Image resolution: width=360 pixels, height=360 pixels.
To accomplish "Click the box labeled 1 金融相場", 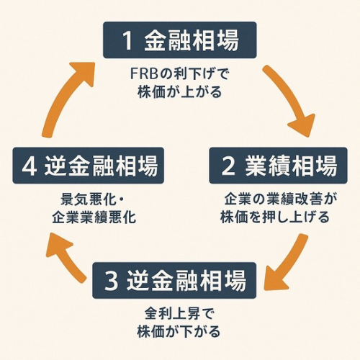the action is point(180,40).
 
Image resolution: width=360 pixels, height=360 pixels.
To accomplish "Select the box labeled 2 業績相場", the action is point(279,166).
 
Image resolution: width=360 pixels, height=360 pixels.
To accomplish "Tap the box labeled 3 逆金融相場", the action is point(174,280).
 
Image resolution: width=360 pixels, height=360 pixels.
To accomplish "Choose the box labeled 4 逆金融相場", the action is point(89,166).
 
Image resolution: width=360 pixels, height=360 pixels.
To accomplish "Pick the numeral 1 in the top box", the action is point(127,40).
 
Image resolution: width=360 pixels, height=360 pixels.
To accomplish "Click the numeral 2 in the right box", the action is point(228,166).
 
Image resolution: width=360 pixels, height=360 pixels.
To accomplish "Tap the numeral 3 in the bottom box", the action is point(112,281).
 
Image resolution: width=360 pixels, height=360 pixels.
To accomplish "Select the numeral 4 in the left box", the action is point(30,166).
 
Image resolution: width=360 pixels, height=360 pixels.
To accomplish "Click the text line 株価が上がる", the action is point(179,91).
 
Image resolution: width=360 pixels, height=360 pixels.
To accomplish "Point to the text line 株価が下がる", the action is point(179,331).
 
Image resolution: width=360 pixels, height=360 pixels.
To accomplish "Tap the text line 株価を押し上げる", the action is point(275,217).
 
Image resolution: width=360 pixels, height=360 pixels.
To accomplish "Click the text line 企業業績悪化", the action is point(94,217).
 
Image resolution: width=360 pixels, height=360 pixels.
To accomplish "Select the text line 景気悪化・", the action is point(92,199).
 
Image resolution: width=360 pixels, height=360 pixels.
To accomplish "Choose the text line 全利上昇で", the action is point(179,313).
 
